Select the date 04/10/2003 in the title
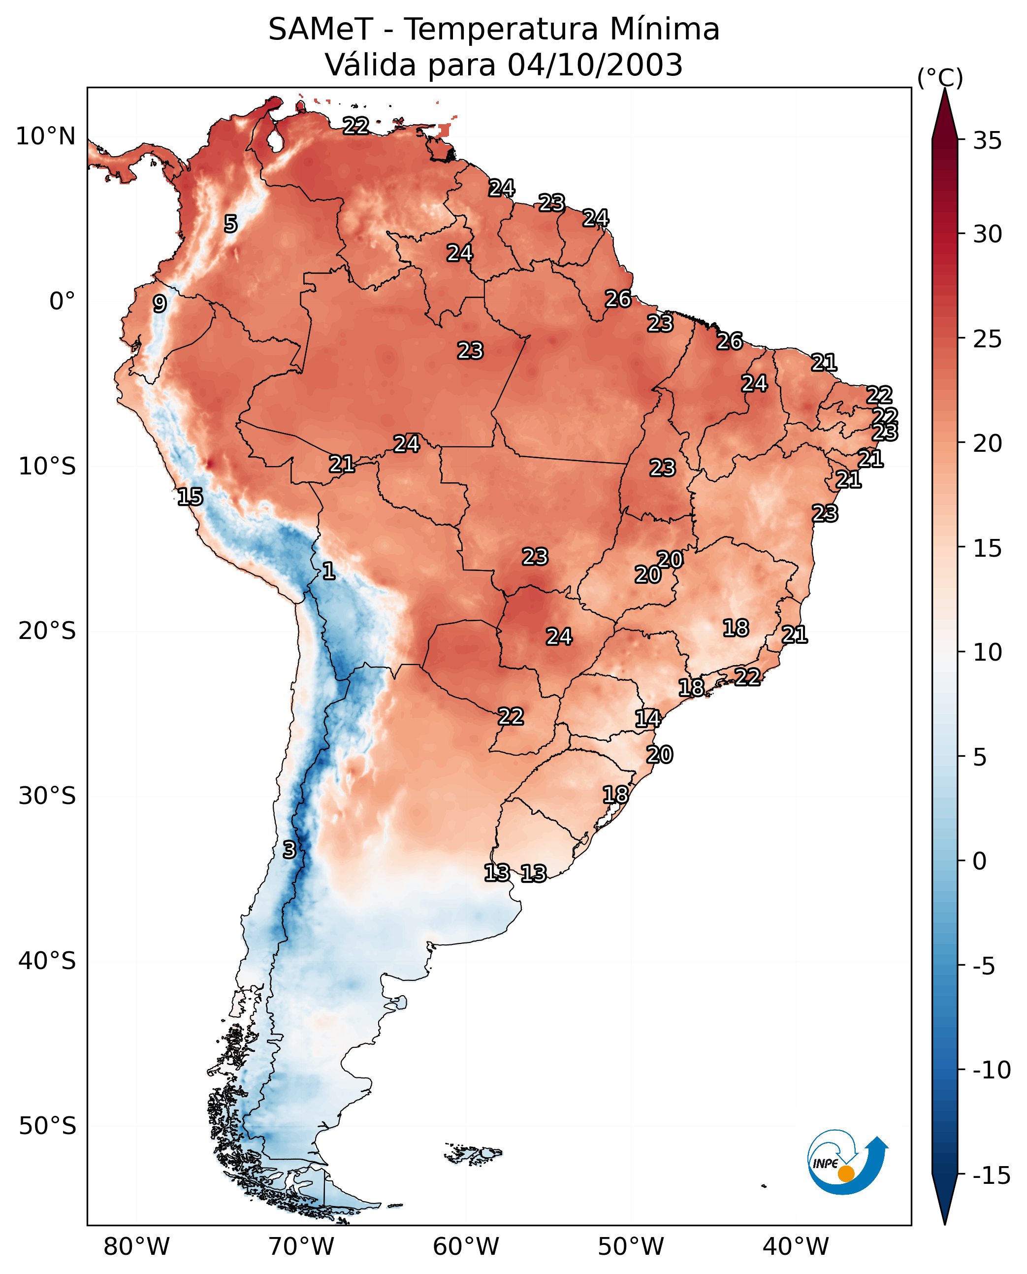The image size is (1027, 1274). pyautogui.click(x=595, y=65)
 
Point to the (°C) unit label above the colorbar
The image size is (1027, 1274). pyautogui.click(x=940, y=77)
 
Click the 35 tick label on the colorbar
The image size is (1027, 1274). pyautogui.click(x=987, y=141)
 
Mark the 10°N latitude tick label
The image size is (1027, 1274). pyautogui.click(x=46, y=137)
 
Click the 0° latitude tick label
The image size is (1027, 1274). pyautogui.click(x=62, y=302)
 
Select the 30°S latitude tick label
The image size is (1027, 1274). pyautogui.click(x=47, y=796)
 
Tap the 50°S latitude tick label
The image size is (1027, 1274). pyautogui.click(x=47, y=1126)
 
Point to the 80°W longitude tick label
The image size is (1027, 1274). pyautogui.click(x=137, y=1247)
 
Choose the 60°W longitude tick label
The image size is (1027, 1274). pyautogui.click(x=466, y=1247)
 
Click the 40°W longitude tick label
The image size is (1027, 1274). pyautogui.click(x=796, y=1247)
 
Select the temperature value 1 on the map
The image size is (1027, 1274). pyautogui.click(x=329, y=571)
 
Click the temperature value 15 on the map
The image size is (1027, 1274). pyautogui.click(x=190, y=497)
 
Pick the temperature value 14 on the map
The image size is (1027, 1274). pyautogui.click(x=648, y=719)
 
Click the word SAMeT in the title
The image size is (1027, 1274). pyautogui.click(x=320, y=30)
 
